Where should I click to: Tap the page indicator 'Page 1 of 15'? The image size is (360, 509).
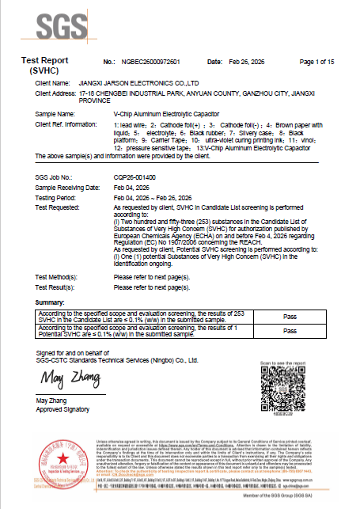[318, 61]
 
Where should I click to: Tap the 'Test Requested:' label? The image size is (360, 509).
[58, 206]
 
